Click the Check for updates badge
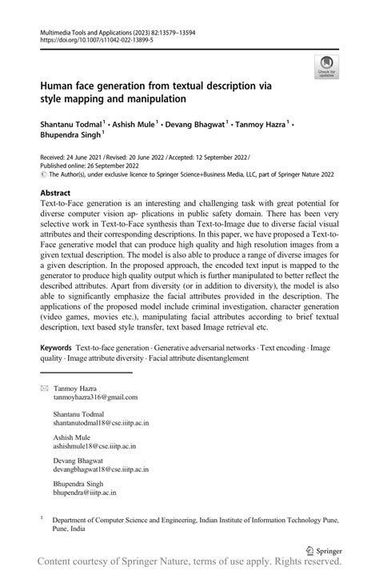click(326, 66)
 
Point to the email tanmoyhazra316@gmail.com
click(95, 397)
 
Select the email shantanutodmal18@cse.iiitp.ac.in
click(101, 422)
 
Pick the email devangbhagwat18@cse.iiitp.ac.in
click(102, 473)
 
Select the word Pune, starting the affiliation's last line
click(61, 529)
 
